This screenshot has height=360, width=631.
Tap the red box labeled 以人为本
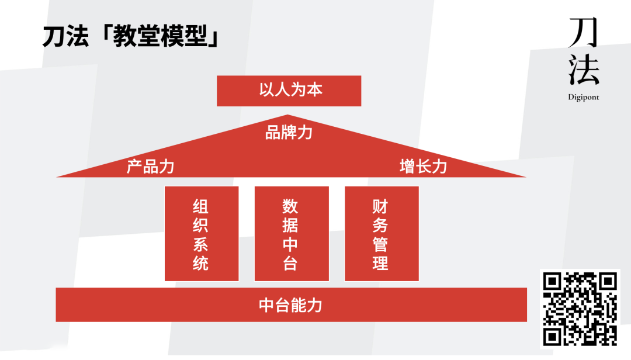[289, 91]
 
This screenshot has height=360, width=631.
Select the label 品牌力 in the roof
[289, 133]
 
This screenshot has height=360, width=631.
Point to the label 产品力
[150, 167]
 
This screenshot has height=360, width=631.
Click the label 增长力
[423, 167]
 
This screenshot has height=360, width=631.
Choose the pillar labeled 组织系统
[201, 234]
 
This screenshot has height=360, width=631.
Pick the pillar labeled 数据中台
[291, 234]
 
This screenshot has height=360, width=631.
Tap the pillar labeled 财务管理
[381, 234]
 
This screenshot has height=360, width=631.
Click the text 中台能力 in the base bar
[290, 305]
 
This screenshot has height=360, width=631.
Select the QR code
[580, 308]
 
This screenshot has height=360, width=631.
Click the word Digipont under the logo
[583, 98]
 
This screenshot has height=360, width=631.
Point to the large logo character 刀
[583, 33]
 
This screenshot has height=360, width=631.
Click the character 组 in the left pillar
[201, 206]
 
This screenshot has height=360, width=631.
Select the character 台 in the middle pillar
[291, 263]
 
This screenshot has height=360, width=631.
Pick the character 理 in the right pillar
[381, 263]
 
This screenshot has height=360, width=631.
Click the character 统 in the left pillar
[201, 263]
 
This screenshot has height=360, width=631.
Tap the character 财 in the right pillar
[381, 206]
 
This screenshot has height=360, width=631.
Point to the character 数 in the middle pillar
[291, 206]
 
